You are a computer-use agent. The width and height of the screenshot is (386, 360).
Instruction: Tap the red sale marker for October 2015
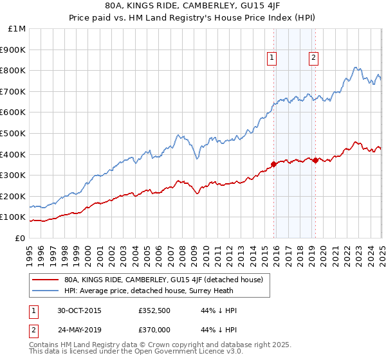(x=274, y=164)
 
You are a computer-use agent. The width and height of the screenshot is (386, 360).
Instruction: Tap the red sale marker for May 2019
(x=315, y=160)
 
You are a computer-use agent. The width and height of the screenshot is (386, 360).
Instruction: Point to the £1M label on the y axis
(x=17, y=29)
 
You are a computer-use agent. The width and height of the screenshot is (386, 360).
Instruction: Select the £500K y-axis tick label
(x=15, y=133)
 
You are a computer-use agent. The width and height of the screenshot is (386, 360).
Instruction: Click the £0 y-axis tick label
(x=21, y=238)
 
